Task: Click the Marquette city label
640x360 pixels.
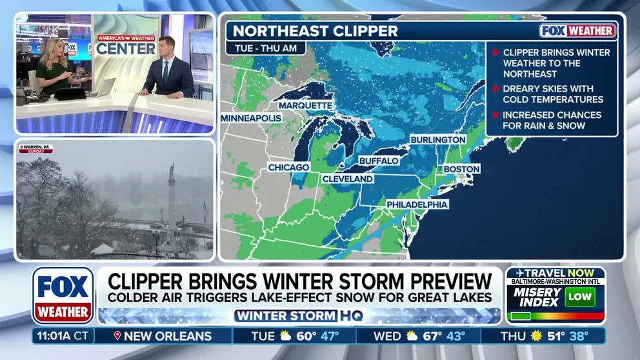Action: (x=306, y=105)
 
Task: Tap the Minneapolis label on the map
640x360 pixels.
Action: (x=251, y=119)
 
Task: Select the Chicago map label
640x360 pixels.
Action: (x=288, y=168)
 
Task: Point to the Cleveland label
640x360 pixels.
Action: (x=347, y=179)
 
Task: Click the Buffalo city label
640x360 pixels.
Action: (x=378, y=160)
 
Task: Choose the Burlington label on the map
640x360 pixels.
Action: (x=438, y=139)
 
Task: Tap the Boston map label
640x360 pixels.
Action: (x=461, y=169)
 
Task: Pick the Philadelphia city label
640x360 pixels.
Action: (x=417, y=205)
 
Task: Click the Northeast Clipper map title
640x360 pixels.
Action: (x=315, y=30)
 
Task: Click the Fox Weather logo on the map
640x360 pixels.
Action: (x=577, y=30)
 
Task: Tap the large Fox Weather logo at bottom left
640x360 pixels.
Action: (x=63, y=295)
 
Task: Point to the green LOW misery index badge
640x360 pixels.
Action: (x=579, y=296)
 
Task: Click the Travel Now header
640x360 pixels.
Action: (x=555, y=272)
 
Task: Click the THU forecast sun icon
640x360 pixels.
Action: (x=535, y=336)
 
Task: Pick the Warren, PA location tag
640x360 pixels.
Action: (x=36, y=148)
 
